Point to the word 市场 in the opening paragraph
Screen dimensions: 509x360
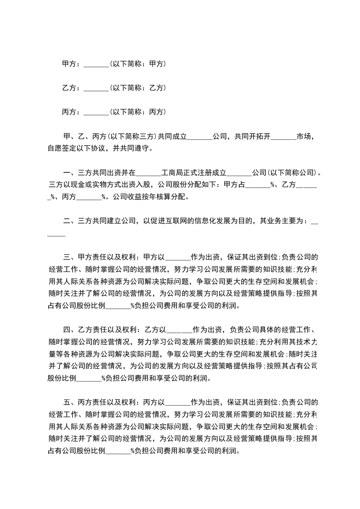(304, 136)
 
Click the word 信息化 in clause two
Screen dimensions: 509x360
(204, 221)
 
